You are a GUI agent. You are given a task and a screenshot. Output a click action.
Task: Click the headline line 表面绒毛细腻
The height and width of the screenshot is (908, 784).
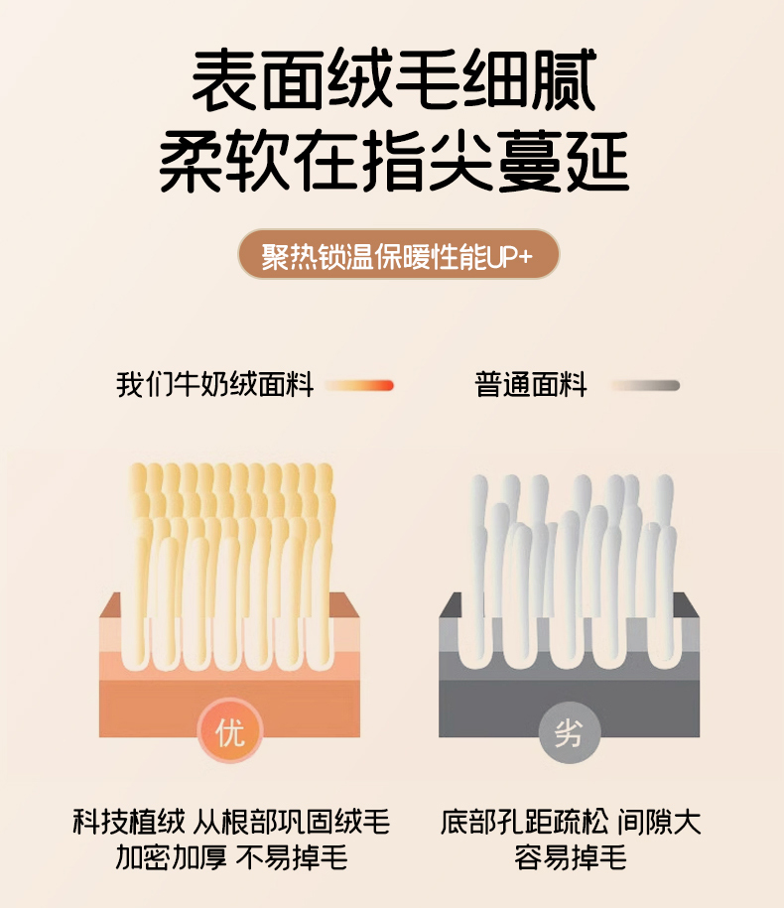(394, 80)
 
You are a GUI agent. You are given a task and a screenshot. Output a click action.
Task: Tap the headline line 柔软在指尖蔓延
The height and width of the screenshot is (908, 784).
(394, 161)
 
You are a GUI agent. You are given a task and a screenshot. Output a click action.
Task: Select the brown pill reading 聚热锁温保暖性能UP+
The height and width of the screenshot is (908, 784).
(398, 255)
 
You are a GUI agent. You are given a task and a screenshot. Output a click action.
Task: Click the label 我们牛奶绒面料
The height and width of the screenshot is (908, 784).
(214, 384)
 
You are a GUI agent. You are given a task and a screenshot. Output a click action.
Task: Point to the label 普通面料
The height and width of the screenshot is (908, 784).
(530, 384)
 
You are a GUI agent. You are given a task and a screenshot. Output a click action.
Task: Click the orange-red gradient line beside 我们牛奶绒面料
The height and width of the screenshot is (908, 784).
(359, 385)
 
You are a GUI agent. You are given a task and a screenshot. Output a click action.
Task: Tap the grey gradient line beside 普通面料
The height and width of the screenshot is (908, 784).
(645, 385)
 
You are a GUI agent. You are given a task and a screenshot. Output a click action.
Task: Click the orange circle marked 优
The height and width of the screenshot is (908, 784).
(230, 732)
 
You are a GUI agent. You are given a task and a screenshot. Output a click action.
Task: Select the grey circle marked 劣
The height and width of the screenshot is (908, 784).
(569, 733)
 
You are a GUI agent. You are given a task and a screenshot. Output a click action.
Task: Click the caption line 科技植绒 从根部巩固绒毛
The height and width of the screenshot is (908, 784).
(231, 822)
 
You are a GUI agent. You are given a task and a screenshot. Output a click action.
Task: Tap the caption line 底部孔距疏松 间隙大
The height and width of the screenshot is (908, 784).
(571, 822)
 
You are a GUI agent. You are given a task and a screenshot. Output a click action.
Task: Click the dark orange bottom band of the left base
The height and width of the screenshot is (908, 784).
(229, 709)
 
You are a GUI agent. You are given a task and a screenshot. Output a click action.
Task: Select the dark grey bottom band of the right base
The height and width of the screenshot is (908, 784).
(570, 709)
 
